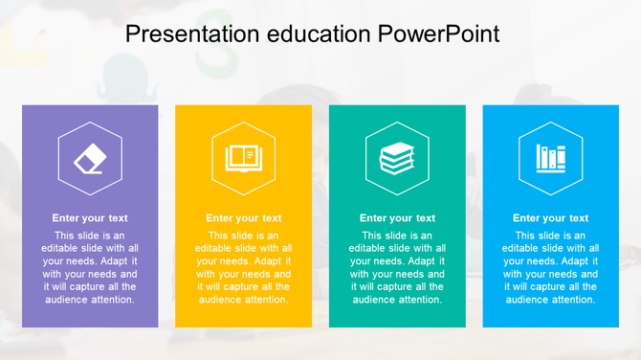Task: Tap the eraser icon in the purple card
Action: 90,158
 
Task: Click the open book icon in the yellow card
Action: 243,158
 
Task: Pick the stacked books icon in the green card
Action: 397,158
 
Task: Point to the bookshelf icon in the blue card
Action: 550,158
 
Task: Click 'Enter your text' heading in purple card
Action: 90,218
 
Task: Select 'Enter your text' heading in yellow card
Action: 244,218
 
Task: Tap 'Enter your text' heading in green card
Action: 397,218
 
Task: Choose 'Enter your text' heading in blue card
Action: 551,218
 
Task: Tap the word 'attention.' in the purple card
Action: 112,300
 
